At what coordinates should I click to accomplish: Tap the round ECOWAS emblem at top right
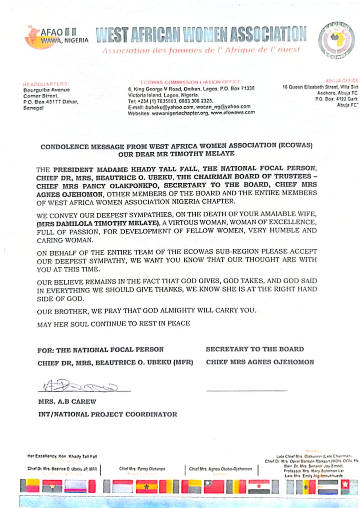point(336,38)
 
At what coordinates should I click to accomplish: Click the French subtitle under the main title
point(201,50)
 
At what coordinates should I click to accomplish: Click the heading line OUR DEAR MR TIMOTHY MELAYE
point(177,153)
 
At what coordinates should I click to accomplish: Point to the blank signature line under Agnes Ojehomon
point(246,391)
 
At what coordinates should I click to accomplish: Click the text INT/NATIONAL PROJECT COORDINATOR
point(108,414)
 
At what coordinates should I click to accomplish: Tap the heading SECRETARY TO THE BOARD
point(255,349)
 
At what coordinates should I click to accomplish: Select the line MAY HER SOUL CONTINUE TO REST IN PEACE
point(114,323)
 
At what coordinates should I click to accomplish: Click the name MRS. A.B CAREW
point(67,402)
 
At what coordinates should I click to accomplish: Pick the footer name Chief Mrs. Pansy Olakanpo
point(142,469)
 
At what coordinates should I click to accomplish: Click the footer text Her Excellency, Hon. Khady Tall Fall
point(62,456)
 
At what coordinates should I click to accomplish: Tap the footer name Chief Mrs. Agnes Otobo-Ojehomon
point(220,469)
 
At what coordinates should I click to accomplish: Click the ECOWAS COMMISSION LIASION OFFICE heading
point(191,82)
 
